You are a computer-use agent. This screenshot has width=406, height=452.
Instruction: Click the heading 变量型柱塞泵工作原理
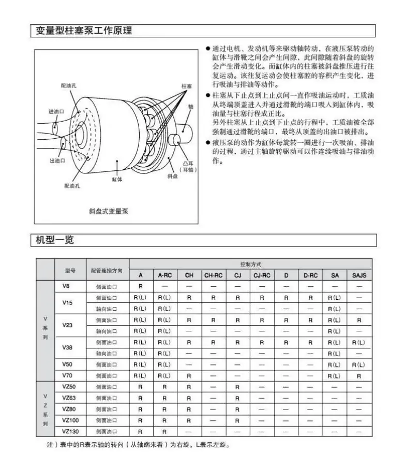pos(84,31)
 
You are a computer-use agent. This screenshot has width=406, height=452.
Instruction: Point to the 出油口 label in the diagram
pos(57,161)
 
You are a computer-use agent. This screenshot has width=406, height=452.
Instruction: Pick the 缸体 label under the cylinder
pos(117,179)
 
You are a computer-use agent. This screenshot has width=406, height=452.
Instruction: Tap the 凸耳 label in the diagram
pos(187,163)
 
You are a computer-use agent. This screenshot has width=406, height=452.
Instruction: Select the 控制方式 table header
pos(251,264)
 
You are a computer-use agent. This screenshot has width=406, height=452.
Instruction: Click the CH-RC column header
pos(213,275)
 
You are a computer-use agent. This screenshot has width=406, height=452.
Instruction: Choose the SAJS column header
pos(359,275)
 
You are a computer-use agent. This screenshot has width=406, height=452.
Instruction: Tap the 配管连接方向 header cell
pos(107,270)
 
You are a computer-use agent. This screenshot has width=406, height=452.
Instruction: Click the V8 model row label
pos(66,286)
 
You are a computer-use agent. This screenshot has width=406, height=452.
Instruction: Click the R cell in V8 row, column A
pos(140,286)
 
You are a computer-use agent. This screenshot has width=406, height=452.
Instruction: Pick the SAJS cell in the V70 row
pos(359,375)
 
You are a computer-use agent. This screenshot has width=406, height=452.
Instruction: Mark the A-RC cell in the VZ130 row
pos(164,431)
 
